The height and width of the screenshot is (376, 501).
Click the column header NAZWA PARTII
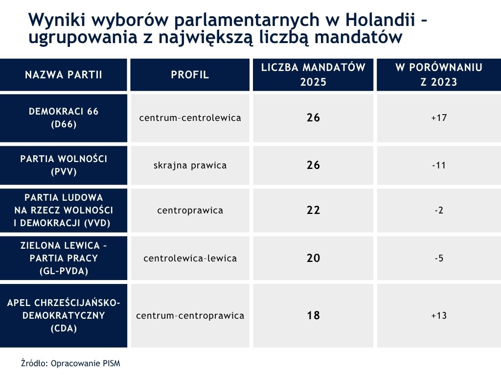[x=64, y=75]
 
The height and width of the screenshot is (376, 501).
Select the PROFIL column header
[x=190, y=75]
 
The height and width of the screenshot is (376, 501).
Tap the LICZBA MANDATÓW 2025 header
[x=313, y=75]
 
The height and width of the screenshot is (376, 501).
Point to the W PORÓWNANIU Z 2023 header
[x=439, y=75]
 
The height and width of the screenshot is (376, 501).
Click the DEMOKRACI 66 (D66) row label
[x=64, y=118]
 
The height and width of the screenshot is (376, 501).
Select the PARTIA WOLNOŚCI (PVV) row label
[x=64, y=165]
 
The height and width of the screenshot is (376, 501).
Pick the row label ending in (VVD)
[x=64, y=211]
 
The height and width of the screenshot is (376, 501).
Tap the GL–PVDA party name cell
[x=64, y=258]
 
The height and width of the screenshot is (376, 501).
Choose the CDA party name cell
[x=64, y=316]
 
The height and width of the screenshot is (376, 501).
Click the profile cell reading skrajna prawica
[x=190, y=165]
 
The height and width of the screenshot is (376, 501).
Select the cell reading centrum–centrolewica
[x=190, y=118]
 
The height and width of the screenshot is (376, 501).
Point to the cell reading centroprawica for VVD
[x=190, y=211]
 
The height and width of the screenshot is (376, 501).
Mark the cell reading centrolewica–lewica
[x=190, y=258]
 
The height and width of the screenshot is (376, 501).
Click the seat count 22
[x=313, y=211]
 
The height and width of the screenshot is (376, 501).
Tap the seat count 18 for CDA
[x=313, y=316]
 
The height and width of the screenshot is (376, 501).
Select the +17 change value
[x=439, y=118]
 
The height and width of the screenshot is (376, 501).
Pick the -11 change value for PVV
[x=439, y=165]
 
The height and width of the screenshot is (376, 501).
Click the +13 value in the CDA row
[x=439, y=316]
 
